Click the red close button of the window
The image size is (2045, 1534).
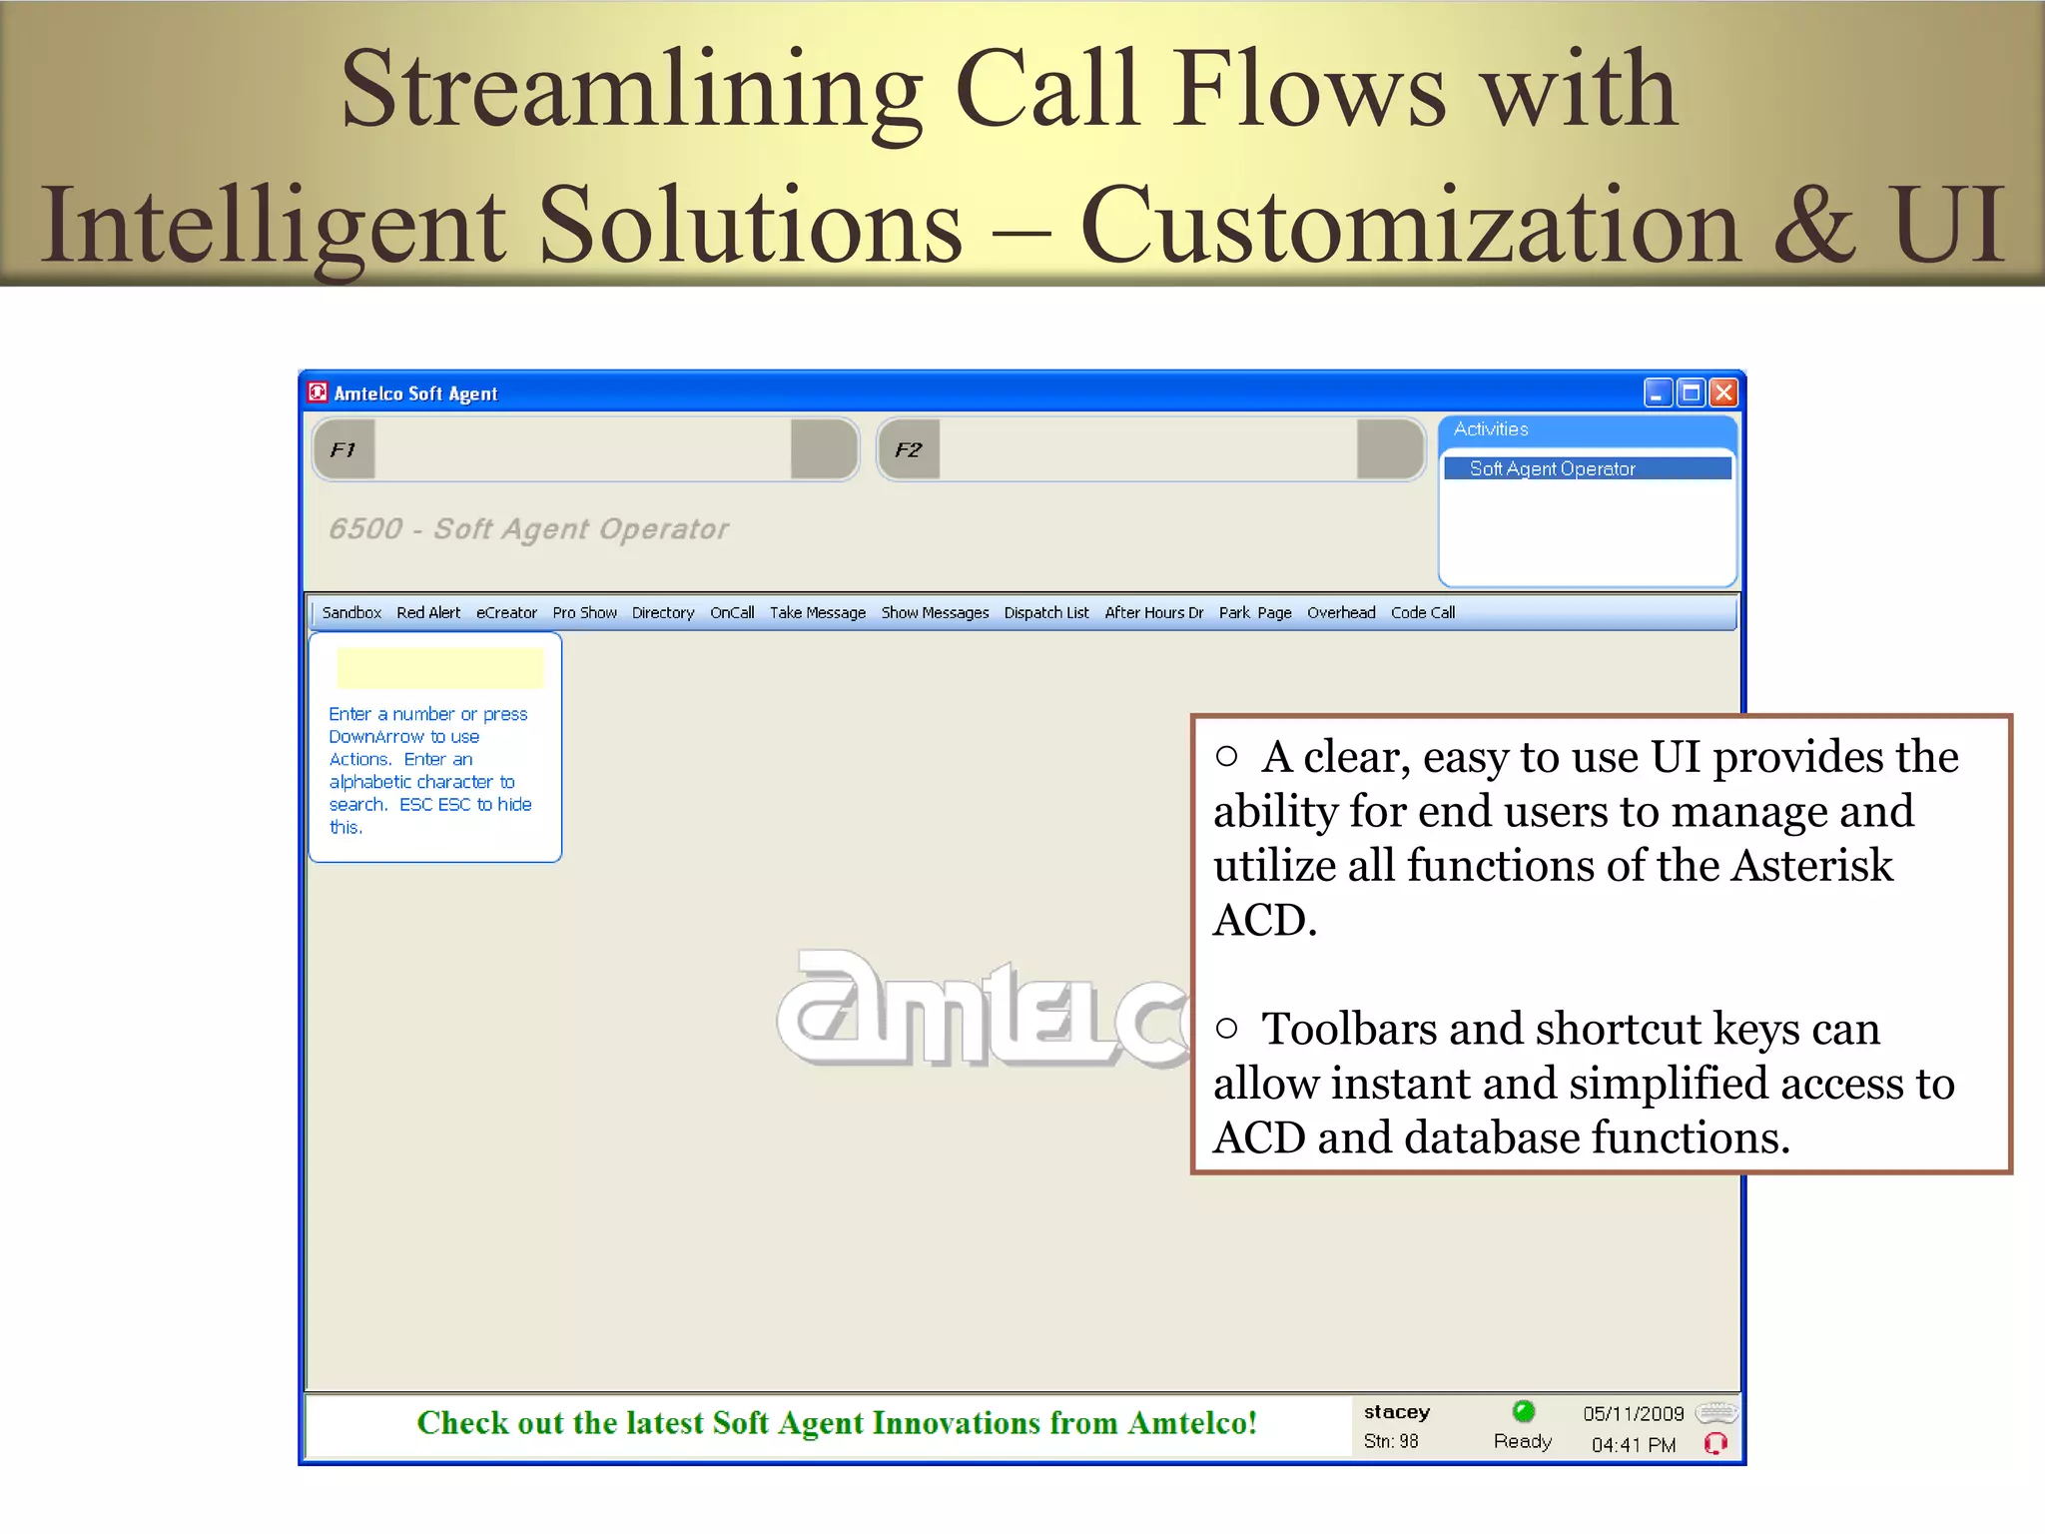click(1723, 392)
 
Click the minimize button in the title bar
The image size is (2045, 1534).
click(1658, 392)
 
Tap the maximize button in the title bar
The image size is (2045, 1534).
click(1691, 392)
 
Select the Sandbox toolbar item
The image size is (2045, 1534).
click(351, 612)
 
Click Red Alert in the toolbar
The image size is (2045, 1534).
click(428, 612)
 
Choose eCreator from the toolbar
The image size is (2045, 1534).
click(506, 612)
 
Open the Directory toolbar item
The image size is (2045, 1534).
click(663, 612)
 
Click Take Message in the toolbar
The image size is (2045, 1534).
click(817, 612)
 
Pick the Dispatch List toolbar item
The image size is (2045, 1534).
click(1046, 612)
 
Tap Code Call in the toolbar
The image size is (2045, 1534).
click(1422, 612)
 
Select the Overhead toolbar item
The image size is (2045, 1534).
click(1341, 612)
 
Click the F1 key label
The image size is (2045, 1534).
click(343, 449)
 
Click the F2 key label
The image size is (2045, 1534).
click(909, 449)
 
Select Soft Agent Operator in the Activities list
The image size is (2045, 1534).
click(1552, 468)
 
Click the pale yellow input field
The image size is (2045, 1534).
click(439, 668)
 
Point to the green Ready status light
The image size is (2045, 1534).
click(1523, 1411)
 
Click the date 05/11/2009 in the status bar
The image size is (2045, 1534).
click(1633, 1413)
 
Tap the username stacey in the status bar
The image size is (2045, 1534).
click(1396, 1411)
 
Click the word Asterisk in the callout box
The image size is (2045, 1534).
click(1811, 865)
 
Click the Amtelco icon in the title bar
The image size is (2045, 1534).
click(318, 391)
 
